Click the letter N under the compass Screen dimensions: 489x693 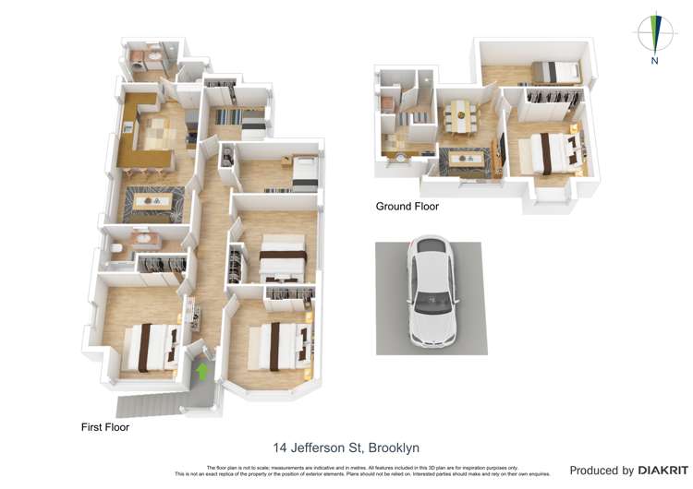654,62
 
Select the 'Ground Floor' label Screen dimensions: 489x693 407,207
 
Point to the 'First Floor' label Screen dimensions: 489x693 105,428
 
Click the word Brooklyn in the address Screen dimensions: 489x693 393,448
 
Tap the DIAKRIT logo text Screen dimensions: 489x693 663,471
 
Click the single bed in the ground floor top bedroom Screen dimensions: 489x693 556,70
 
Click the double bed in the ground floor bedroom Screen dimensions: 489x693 552,152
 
